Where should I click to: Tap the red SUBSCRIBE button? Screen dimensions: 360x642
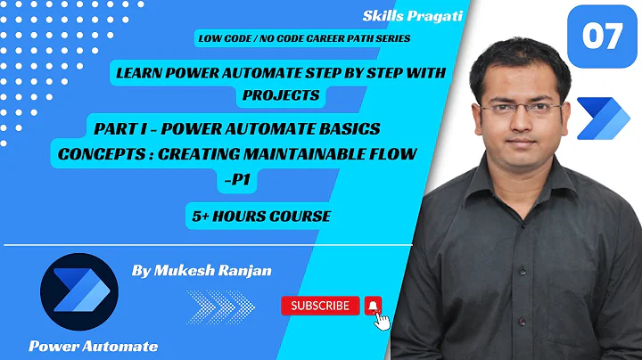[x=320, y=306]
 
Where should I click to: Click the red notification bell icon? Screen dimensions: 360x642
[x=374, y=306]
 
